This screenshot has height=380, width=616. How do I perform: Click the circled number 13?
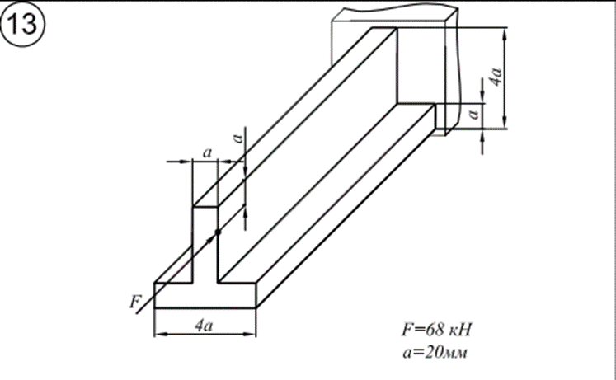(x=23, y=24)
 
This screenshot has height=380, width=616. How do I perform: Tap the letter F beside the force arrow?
(x=135, y=302)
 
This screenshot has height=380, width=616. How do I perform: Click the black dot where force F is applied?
(x=218, y=232)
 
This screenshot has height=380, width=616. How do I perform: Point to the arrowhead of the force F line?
(x=211, y=238)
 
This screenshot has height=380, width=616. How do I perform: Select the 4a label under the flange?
(x=204, y=326)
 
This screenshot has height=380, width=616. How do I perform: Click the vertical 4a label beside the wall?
(x=496, y=77)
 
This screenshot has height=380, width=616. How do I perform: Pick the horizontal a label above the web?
(x=207, y=152)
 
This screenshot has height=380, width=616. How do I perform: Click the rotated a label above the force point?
(x=237, y=138)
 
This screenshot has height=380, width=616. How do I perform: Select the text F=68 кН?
(x=436, y=330)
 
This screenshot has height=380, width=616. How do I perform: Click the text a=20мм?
(x=435, y=352)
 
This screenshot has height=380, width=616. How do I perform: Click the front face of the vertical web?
(x=205, y=244)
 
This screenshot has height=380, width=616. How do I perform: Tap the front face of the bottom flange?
(x=205, y=295)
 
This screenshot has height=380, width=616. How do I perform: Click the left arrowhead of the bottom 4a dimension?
(x=160, y=334)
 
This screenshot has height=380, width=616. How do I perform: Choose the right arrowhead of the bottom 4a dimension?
(x=250, y=334)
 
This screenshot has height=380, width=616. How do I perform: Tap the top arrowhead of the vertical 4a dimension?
(x=505, y=33)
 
